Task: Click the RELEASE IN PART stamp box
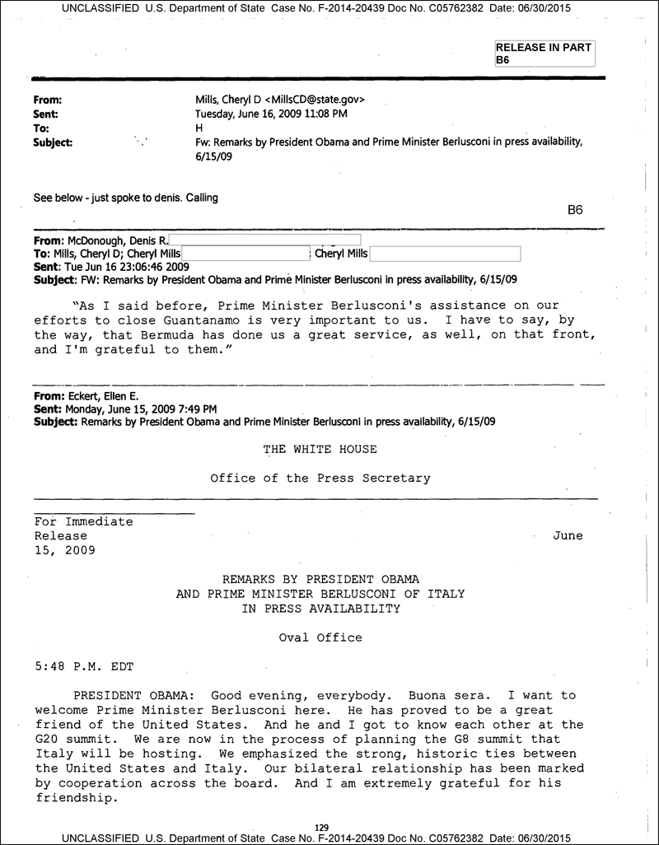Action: (x=544, y=54)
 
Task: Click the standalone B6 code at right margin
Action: (x=576, y=210)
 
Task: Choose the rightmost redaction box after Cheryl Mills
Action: (x=446, y=254)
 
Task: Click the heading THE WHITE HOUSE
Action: (x=320, y=449)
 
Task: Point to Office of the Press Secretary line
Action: (x=320, y=478)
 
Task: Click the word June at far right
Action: (x=567, y=535)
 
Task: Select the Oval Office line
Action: (x=320, y=637)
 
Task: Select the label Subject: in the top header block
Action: (x=53, y=142)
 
